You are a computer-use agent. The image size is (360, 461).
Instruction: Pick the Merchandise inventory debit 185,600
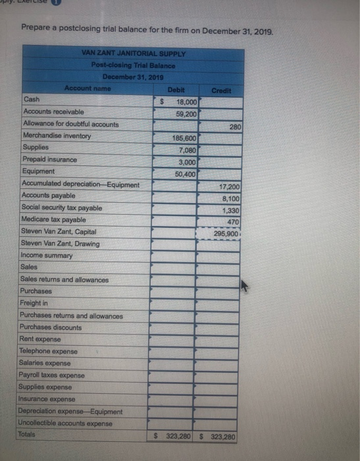[x=184, y=138]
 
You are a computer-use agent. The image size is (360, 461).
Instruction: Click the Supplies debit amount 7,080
[x=187, y=149]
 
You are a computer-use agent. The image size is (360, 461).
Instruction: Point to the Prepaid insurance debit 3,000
[x=187, y=161]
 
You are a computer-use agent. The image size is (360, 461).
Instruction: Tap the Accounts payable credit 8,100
[x=228, y=197]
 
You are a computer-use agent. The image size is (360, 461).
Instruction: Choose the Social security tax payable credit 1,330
[x=228, y=209]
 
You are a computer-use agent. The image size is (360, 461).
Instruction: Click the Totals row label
[x=31, y=435]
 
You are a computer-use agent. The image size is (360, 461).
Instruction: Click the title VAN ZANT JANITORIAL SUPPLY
[x=134, y=53]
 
